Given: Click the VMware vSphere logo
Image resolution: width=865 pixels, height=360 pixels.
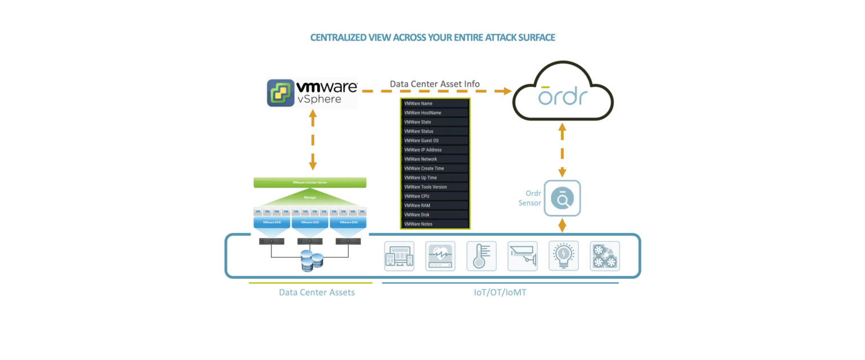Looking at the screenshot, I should tap(312, 94).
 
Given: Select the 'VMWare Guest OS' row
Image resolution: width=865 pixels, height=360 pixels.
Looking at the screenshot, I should tap(435, 140).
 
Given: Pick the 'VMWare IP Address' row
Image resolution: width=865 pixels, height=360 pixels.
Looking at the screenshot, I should tap(435, 150).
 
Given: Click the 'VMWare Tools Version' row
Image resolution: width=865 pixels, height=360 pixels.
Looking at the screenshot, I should tap(435, 186).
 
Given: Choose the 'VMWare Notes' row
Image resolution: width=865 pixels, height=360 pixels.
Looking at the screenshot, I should tap(435, 224).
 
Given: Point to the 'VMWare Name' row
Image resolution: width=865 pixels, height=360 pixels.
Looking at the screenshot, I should tap(435, 104).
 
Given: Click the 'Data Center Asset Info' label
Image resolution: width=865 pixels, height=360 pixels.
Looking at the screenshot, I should tap(435, 84).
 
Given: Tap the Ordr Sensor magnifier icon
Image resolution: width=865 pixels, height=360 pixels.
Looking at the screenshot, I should tap(562, 198).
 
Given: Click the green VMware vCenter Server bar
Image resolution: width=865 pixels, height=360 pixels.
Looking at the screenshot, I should tap(310, 183).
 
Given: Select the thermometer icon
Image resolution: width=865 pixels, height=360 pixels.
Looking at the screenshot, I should tap(481, 257).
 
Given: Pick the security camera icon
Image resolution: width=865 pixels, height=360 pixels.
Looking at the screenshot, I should tap(522, 257).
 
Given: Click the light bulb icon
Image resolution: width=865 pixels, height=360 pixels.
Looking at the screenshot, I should tap(564, 257).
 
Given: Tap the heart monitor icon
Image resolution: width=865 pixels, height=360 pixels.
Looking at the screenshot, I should tap(440, 257).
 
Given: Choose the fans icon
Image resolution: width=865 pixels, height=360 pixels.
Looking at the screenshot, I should tap(605, 257).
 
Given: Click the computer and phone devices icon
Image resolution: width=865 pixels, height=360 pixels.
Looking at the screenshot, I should tap(399, 257).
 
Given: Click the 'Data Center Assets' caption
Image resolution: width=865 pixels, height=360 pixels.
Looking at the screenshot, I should tap(317, 293).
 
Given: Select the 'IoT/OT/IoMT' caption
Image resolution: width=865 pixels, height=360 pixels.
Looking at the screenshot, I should tap(499, 293).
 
